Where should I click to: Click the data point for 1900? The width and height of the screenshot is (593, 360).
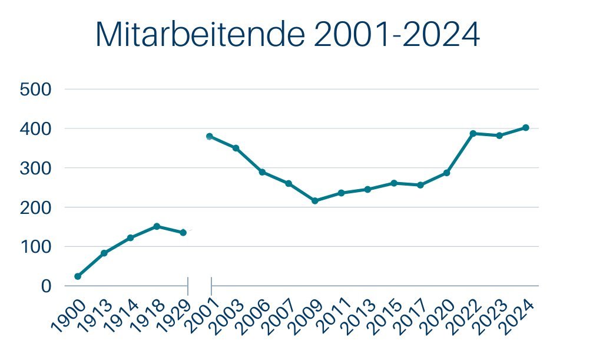[78, 276]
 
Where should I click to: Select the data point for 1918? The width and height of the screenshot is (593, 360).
[157, 226]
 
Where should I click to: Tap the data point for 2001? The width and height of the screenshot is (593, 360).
[210, 137]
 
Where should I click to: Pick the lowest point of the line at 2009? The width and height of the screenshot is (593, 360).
[314, 201]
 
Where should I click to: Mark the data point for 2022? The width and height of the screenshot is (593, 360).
[473, 134]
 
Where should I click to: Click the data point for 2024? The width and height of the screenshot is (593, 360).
[526, 128]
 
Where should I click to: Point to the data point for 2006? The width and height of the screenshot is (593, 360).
[262, 172]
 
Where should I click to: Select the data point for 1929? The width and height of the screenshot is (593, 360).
[183, 233]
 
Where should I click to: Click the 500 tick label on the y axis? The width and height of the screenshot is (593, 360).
[36, 90]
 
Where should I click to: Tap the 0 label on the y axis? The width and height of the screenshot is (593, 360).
[46, 286]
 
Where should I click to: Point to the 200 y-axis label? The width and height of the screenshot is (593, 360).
[36, 207]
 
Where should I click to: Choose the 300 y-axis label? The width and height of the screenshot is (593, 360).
[36, 168]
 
